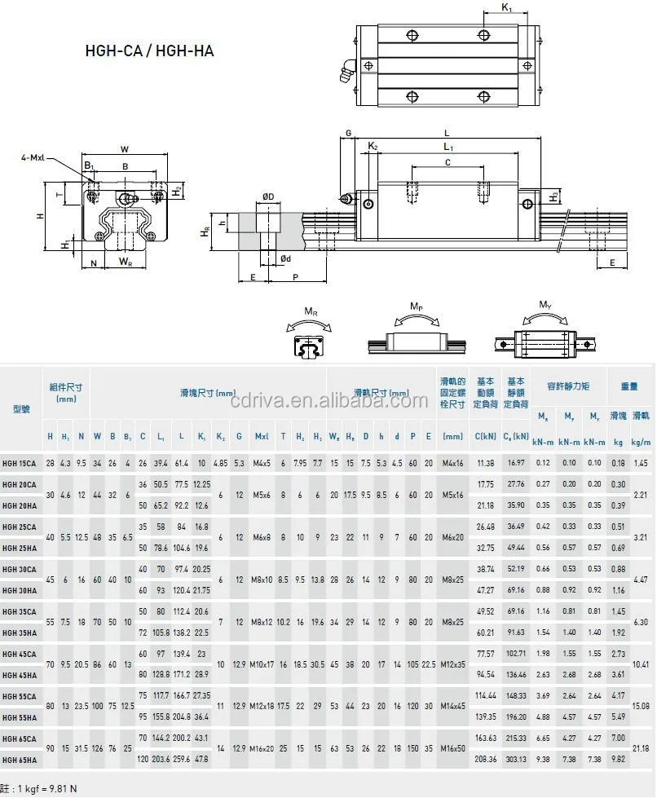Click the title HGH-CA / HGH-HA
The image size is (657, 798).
pos(150,50)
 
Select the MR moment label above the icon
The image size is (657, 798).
pos(310,311)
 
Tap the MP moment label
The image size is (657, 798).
pos(416,307)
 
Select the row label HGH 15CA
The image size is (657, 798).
pos(19,463)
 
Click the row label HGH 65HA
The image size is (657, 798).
pos(19,760)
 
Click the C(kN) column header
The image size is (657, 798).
pos(486,437)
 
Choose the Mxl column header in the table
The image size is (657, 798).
pos(261,437)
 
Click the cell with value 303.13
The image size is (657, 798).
pos(516,760)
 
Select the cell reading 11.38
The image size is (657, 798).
pos(486,463)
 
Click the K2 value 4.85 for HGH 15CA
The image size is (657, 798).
pos(220,463)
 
